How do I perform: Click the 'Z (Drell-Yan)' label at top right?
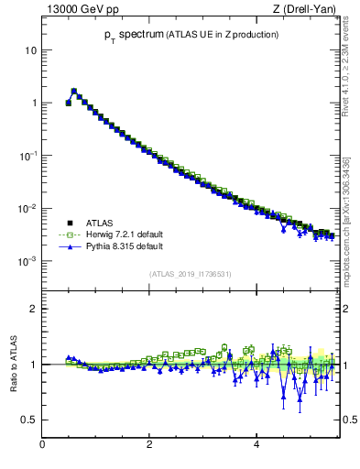point(305,9)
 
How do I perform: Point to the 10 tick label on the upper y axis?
point(30,49)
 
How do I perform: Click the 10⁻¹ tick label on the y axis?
point(28,156)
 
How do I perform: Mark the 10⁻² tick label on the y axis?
point(28,209)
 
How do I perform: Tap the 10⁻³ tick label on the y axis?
point(28,262)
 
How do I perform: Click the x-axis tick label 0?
point(42,444)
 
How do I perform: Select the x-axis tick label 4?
point(256,444)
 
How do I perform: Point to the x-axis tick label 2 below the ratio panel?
point(149,444)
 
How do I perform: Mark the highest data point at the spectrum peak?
point(74,91)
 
